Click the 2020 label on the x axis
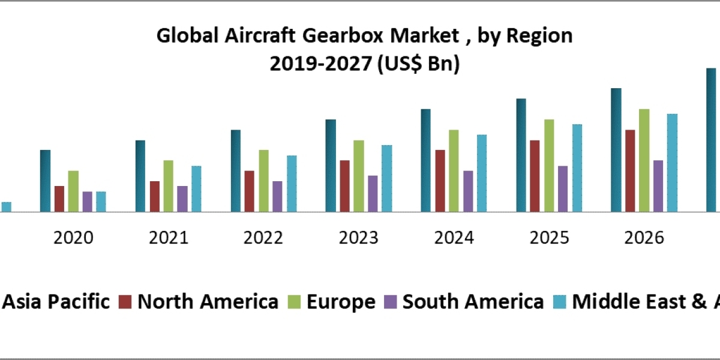coord(73,238)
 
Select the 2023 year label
coord(359,238)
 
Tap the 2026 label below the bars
coord(644,238)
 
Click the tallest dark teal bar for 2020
coord(45,181)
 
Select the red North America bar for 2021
coord(155,196)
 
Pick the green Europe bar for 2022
coord(263,181)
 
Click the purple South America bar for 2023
coord(373,193)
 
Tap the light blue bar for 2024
coord(482,173)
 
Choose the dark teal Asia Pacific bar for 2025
coord(521,155)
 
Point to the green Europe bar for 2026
coord(644,160)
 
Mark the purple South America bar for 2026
coord(658,186)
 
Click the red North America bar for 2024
coord(440,181)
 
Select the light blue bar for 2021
coord(196,188)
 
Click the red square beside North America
coord(125,302)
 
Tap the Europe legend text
coord(341,301)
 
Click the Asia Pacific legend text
coord(57,301)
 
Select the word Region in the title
coord(539,37)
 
